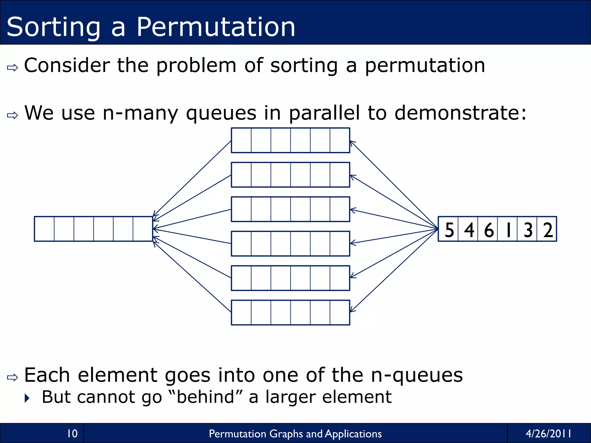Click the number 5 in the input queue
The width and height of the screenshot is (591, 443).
(449, 230)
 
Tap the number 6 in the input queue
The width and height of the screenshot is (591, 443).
(489, 230)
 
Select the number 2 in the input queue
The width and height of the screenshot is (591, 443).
(547, 230)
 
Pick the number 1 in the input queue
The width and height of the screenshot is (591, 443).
(508, 230)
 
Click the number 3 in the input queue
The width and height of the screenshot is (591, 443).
(528, 230)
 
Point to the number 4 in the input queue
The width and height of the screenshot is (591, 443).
(469, 230)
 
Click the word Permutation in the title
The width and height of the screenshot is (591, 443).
(216, 27)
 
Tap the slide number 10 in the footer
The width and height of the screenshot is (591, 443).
(72, 433)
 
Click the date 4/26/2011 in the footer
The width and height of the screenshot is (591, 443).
(548, 433)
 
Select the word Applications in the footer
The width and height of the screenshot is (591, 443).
(353, 434)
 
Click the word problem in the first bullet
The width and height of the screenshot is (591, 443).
(196, 65)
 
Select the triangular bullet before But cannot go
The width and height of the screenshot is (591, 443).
(27, 398)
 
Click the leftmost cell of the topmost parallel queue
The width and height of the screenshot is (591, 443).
(241, 140)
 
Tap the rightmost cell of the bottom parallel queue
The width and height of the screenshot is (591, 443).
(340, 313)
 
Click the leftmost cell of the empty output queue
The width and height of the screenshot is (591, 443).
(44, 229)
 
